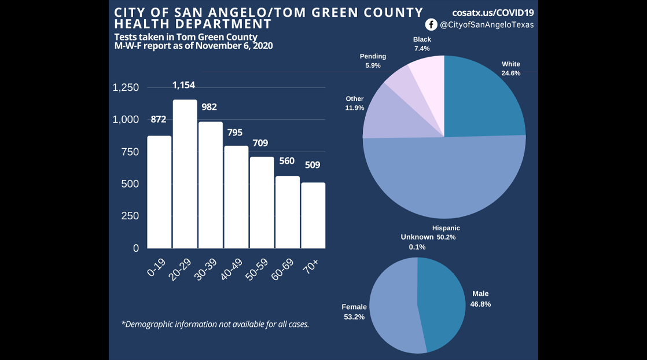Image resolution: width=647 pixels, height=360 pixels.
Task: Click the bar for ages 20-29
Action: click(185, 174)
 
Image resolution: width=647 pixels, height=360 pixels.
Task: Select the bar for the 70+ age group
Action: click(313, 215)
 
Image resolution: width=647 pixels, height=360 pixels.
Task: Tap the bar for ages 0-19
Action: click(159, 192)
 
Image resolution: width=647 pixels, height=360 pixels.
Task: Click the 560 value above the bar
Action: click(288, 161)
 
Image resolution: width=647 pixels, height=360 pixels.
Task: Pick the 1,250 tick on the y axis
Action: click(126, 88)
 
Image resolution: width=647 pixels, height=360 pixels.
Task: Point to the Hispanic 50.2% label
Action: click(446, 233)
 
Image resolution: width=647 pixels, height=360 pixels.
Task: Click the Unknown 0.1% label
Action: click(417, 242)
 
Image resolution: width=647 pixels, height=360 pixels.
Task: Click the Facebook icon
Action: click(431, 24)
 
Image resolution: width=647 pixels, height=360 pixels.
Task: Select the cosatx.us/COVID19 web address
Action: click(493, 12)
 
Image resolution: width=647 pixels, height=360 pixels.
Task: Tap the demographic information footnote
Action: click(215, 324)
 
